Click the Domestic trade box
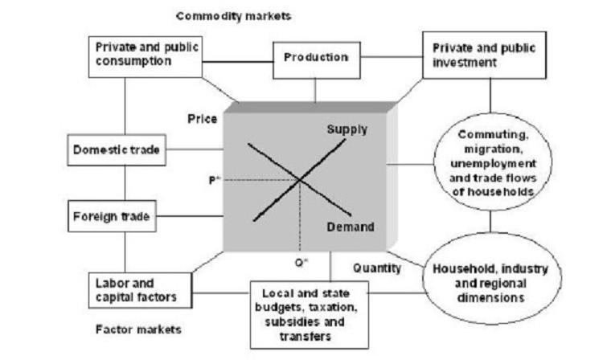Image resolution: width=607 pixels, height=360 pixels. [117, 150]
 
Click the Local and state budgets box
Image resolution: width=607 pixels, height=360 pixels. [315, 311]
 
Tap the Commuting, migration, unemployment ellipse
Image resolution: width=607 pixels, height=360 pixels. [493, 161]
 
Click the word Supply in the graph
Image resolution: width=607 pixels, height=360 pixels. [347, 129]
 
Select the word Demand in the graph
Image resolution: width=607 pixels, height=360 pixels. [351, 227]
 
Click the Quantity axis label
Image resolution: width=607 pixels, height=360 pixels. [376, 268]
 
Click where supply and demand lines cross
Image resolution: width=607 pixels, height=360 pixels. [299, 179]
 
